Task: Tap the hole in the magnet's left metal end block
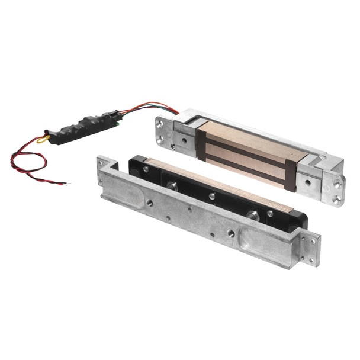(x=184, y=141)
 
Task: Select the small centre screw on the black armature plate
(x=211, y=196)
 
